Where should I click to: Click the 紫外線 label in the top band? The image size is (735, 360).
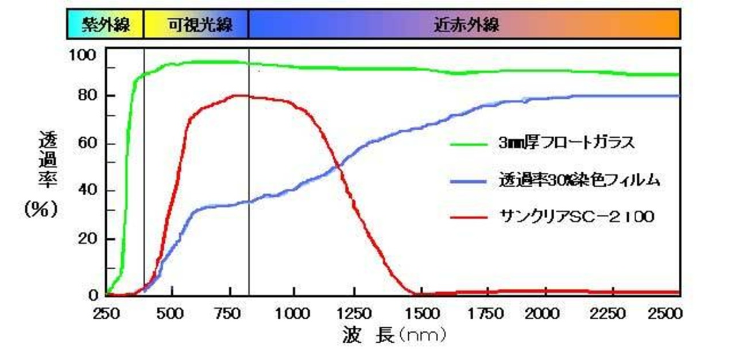(x=105, y=24)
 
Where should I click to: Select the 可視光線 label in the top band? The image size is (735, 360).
(x=195, y=24)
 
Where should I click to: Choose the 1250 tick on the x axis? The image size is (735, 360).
(x=355, y=313)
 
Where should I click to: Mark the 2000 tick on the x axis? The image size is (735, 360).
(x=544, y=313)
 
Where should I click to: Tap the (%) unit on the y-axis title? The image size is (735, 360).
(x=41, y=210)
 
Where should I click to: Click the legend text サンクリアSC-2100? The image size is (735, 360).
(x=576, y=218)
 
